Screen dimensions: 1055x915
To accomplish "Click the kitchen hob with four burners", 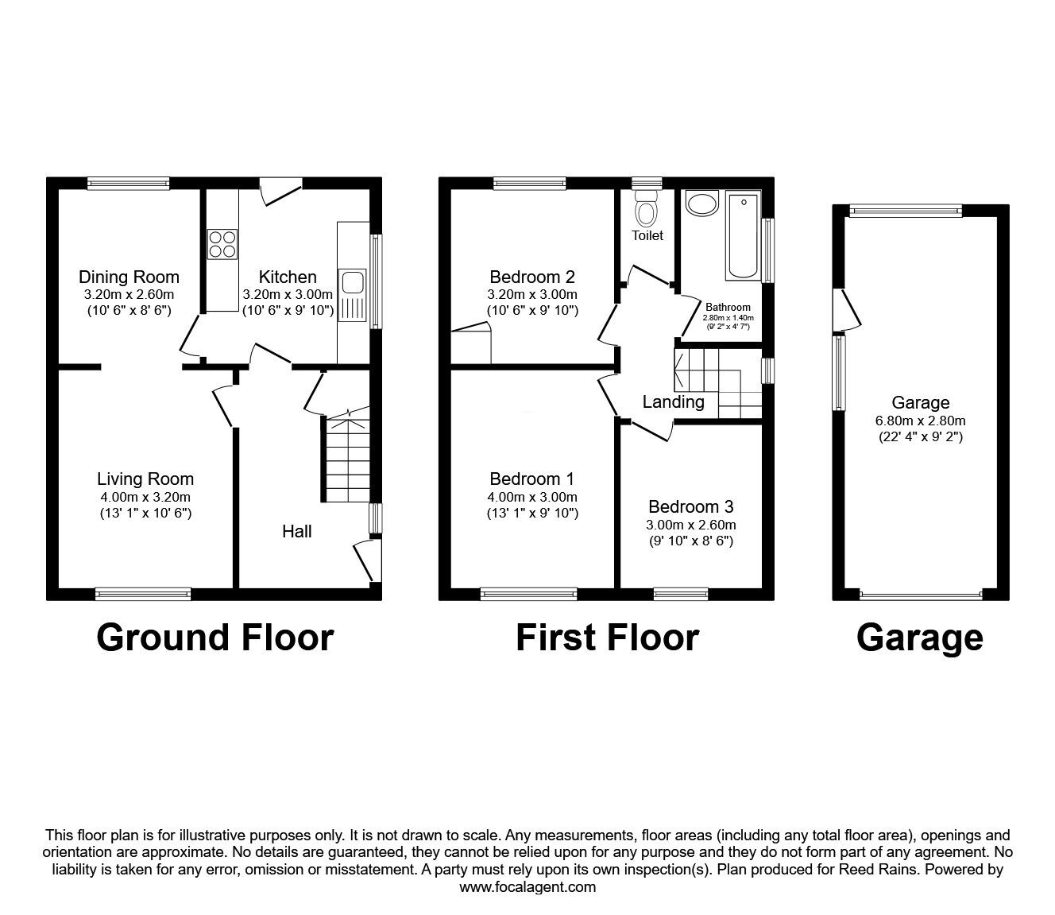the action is (x=222, y=244).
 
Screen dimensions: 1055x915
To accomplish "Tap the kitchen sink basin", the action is (x=352, y=282).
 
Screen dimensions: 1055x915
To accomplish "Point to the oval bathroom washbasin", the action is (x=701, y=204).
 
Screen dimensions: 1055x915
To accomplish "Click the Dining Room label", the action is (x=129, y=277).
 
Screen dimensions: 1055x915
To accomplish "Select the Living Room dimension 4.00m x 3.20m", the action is (x=145, y=497).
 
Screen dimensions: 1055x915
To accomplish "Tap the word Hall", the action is (x=296, y=531).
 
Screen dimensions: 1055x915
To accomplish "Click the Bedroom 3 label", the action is (x=690, y=506).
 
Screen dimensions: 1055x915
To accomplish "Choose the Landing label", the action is (x=673, y=402).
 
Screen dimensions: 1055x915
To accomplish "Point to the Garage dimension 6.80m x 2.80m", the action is (x=920, y=421).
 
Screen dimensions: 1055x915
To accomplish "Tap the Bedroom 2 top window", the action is (x=530, y=184).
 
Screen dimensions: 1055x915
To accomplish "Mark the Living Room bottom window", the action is (x=143, y=594).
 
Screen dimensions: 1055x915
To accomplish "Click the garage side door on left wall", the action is (x=848, y=309).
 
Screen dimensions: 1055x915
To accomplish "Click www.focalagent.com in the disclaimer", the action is (x=527, y=887).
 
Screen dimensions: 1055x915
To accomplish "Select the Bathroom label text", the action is (x=728, y=307).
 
